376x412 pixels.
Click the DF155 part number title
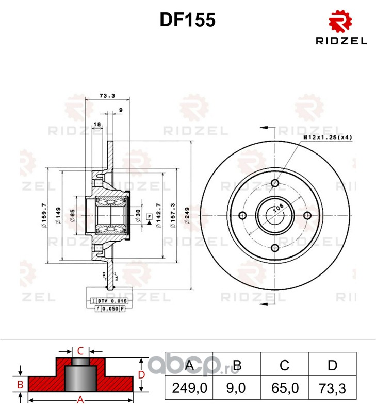click(187, 20)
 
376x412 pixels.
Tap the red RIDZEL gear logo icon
click(340, 22)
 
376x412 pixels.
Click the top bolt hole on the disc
click(274, 183)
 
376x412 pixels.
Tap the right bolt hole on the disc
click(307, 215)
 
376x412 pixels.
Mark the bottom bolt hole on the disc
click(274, 248)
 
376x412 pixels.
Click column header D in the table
click(332, 366)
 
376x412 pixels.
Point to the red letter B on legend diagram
click(20, 384)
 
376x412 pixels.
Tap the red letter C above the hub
click(80, 351)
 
